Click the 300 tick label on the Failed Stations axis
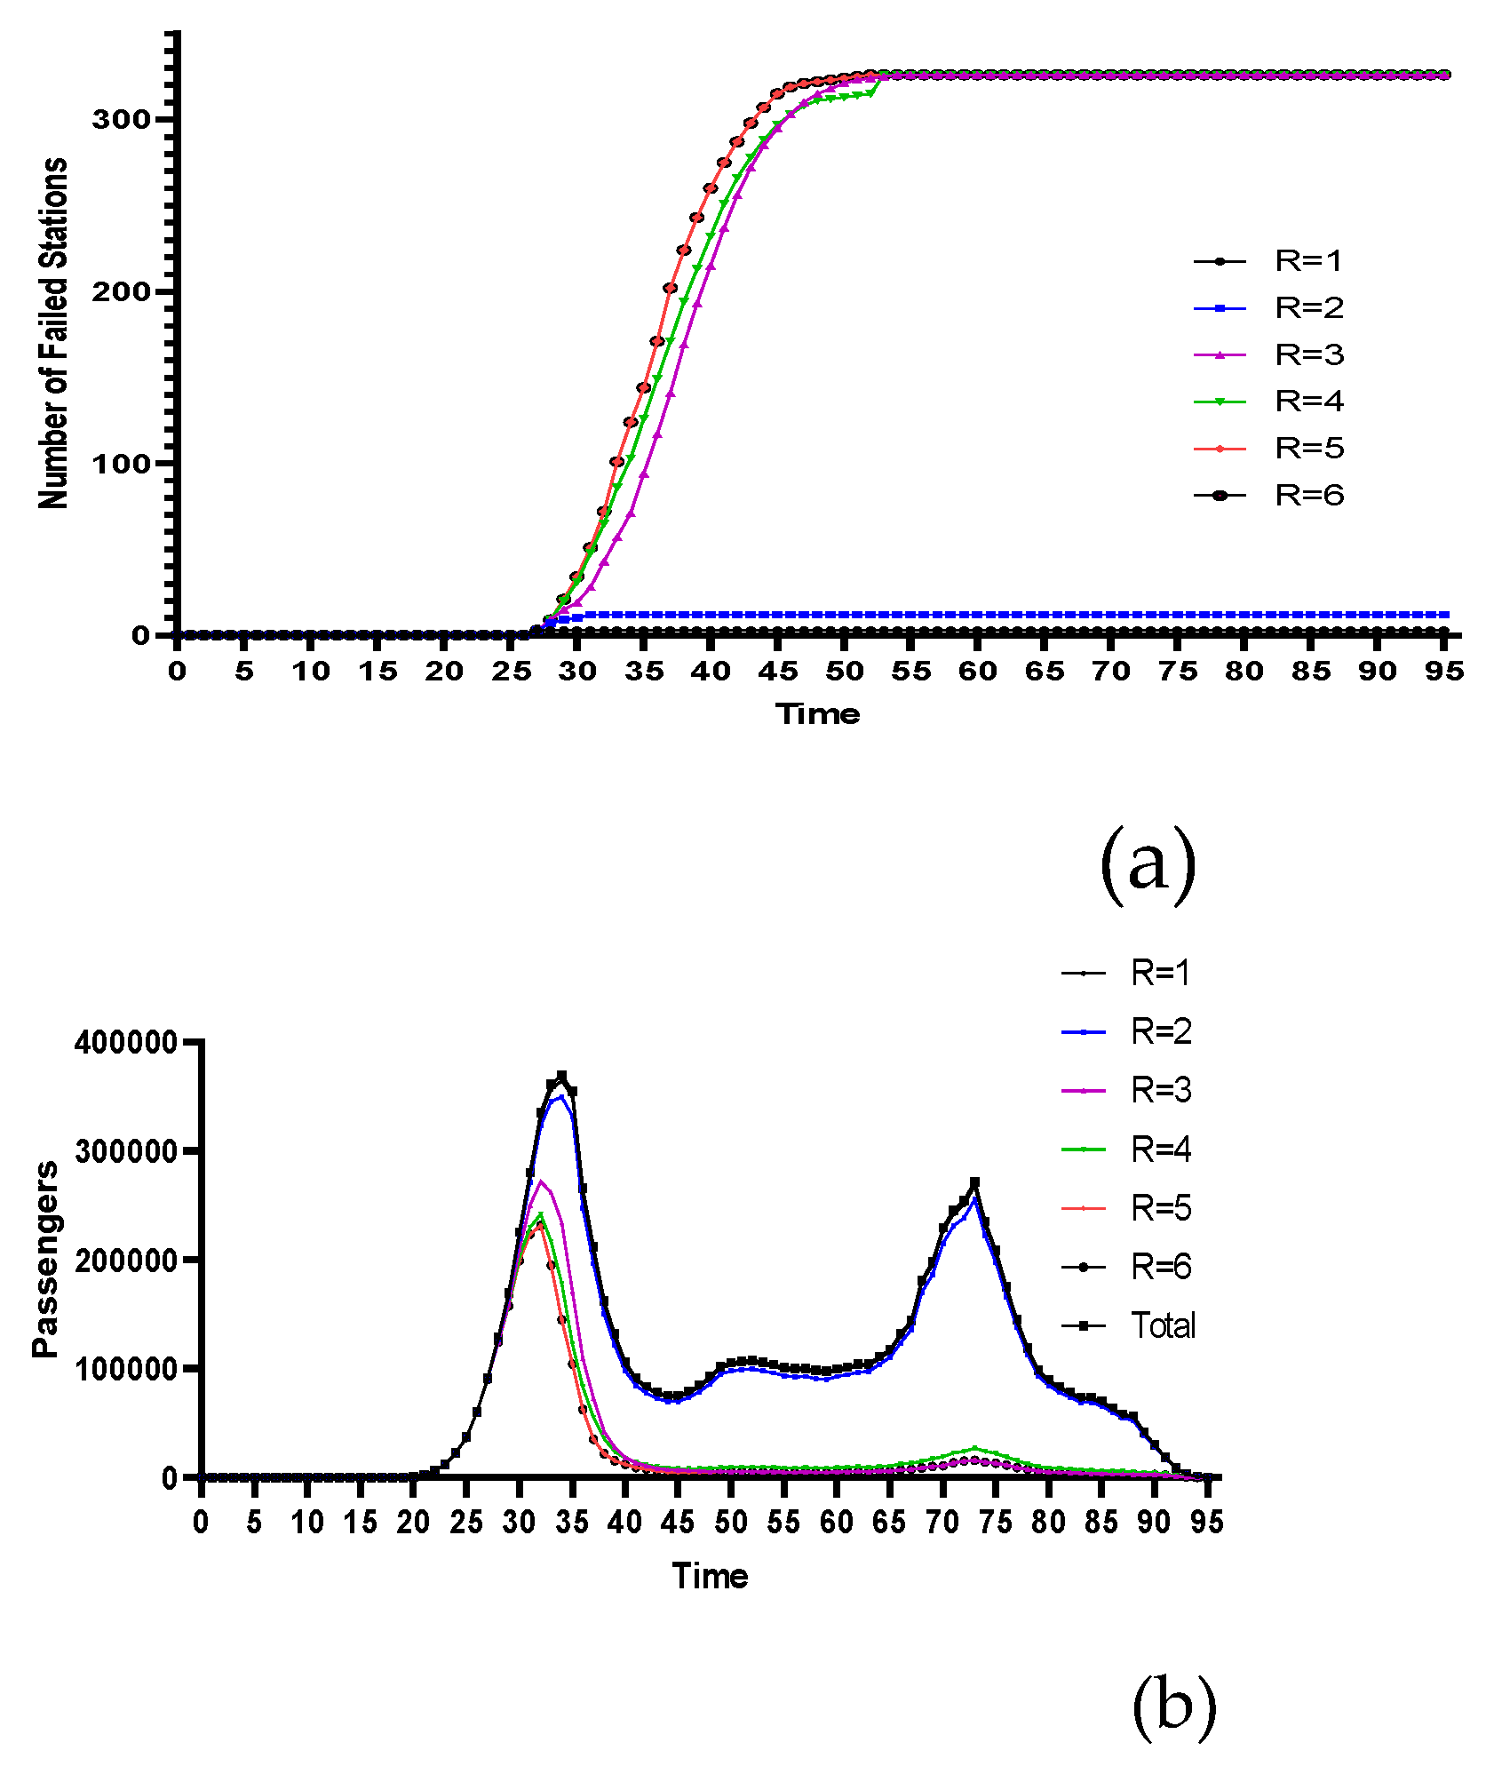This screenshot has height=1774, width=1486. (x=121, y=120)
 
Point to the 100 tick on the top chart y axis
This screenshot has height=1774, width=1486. (x=121, y=464)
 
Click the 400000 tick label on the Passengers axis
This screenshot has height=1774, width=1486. (x=126, y=1042)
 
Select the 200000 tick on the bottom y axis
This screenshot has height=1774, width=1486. (x=126, y=1261)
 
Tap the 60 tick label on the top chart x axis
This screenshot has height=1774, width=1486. (x=977, y=672)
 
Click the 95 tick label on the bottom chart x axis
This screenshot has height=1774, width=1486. (x=1206, y=1523)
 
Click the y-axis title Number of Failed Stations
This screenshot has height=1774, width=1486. (x=53, y=333)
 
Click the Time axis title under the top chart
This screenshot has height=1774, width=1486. (x=817, y=714)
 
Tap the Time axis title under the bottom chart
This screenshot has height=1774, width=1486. (x=710, y=1576)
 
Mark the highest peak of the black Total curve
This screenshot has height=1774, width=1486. (x=561, y=1076)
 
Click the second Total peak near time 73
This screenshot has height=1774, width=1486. (x=974, y=1182)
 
